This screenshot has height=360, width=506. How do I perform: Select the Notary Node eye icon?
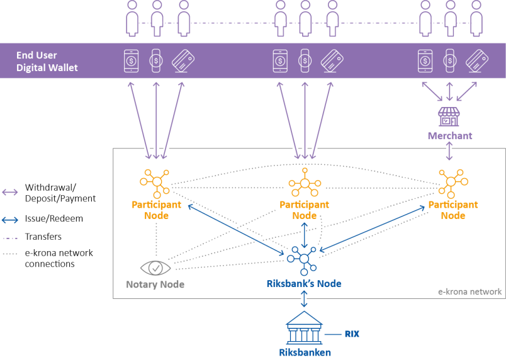tap(155, 268)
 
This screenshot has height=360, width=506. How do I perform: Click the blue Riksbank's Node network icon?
tap(304, 258)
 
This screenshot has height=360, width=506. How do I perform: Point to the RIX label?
tap(351, 334)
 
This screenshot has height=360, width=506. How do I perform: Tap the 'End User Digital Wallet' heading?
tap(47, 61)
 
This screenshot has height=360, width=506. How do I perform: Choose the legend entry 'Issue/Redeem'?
tap(54, 219)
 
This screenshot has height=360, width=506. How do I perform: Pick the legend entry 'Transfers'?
tap(43, 237)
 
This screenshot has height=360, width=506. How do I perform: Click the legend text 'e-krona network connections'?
tap(59, 259)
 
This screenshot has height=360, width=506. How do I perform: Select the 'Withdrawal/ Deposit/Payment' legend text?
tap(60, 193)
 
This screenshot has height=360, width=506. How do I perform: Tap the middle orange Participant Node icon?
tap(304, 183)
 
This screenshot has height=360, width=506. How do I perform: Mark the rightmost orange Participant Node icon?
tap(453, 183)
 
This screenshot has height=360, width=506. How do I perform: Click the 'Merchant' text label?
tap(449, 136)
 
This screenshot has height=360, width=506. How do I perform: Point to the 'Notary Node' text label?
tap(155, 284)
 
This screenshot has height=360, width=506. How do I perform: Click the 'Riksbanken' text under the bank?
tap(304, 352)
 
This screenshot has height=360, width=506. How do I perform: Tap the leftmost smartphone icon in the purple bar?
tap(131, 61)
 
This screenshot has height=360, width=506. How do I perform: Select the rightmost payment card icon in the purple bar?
tap(478, 61)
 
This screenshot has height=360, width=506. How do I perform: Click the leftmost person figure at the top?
tap(132, 19)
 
